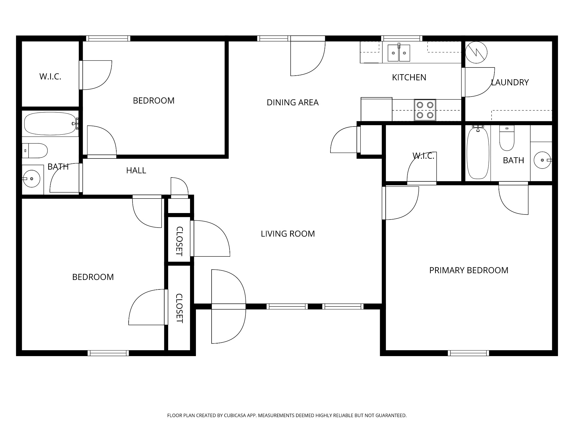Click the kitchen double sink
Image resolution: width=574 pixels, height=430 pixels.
coord(399,53)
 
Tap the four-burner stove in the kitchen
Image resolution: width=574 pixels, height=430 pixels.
coord(425,110)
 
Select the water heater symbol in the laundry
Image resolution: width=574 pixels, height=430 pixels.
coord(476,52)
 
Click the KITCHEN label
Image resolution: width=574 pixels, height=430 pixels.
coord(409,78)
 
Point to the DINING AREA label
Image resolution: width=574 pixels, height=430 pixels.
coord(293,102)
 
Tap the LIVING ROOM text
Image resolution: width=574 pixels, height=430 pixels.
coord(288,234)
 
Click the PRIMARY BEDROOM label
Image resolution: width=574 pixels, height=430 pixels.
coord(469,270)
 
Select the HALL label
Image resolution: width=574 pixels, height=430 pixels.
coord(136,170)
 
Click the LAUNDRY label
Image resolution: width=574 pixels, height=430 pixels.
coord(510,82)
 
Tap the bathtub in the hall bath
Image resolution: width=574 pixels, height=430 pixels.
coord(50,123)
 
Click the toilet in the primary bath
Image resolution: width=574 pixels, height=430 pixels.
coord(507,138)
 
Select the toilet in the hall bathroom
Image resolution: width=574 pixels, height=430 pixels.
coord(35,151)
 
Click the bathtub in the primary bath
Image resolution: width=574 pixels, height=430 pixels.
coord(478,153)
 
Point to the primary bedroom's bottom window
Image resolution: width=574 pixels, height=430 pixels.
coord(468,353)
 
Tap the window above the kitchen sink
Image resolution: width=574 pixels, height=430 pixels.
coord(402,38)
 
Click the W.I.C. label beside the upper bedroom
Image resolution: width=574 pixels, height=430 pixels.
coord(50,76)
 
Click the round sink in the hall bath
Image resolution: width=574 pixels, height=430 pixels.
coord(31,178)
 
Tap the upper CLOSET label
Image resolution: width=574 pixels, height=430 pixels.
coord(179,241)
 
